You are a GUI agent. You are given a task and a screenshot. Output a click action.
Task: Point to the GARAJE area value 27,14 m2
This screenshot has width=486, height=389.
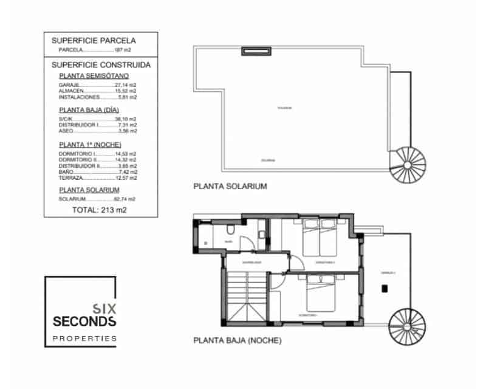(126, 85)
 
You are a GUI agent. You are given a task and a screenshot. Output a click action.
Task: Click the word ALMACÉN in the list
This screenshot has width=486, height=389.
(70, 91)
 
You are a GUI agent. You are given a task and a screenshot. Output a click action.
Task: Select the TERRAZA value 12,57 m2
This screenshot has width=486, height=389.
(126, 178)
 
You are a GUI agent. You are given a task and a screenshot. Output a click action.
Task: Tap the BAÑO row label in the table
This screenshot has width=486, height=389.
(66, 172)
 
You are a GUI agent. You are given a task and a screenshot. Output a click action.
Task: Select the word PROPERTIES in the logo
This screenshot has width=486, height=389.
(84, 338)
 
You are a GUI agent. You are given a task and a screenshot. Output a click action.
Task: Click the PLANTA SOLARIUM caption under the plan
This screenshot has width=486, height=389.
(230, 187)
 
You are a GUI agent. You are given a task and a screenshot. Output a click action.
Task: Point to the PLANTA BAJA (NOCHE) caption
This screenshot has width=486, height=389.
(237, 341)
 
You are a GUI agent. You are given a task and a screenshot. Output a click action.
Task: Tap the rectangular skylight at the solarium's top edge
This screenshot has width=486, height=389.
(255, 51)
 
